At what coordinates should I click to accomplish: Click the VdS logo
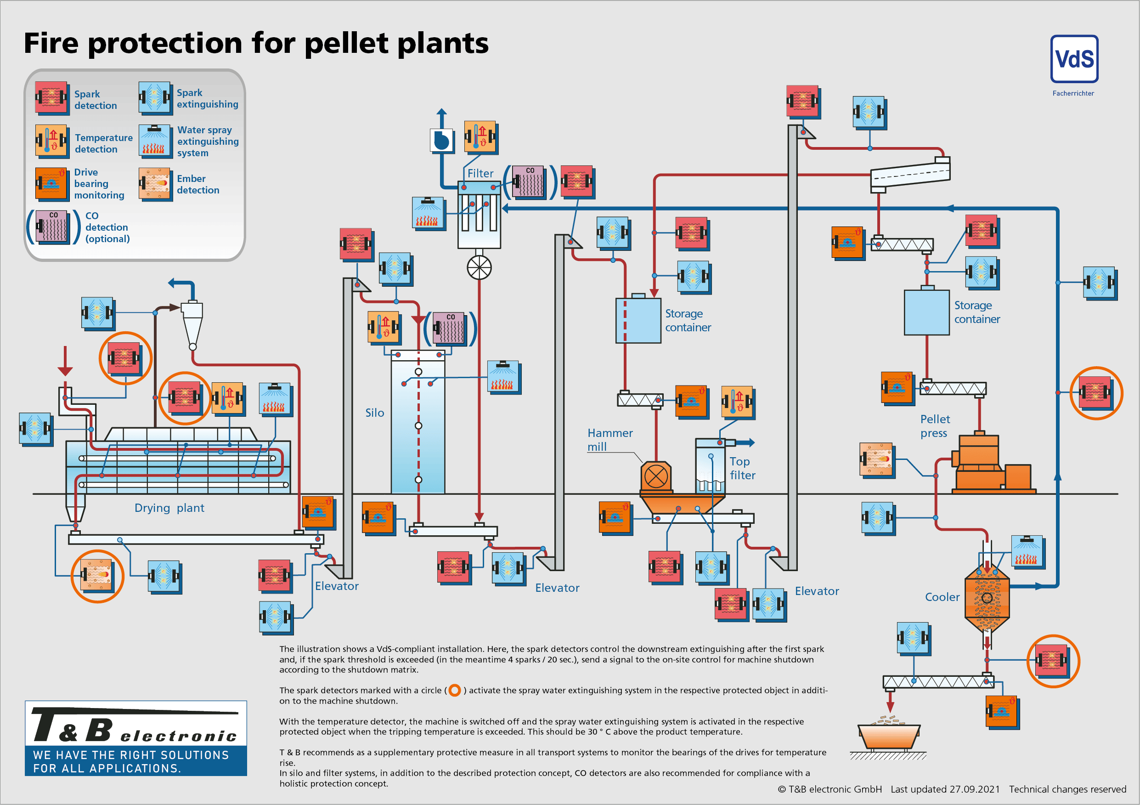tap(1074, 59)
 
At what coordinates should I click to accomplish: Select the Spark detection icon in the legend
tap(51, 98)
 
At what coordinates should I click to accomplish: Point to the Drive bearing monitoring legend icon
tap(51, 184)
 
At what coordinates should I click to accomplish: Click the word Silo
tap(374, 413)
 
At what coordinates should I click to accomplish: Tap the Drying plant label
tap(169, 508)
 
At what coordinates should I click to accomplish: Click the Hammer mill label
tap(609, 440)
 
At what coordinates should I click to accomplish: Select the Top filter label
tap(742, 468)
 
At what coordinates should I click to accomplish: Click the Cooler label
tap(942, 597)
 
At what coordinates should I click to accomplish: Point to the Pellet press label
tap(934, 425)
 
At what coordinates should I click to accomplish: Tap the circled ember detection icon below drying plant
tap(97, 576)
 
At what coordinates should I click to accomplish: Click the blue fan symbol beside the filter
tap(441, 141)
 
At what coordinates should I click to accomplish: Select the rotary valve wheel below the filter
tap(479, 268)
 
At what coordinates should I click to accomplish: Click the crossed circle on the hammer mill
tap(655, 477)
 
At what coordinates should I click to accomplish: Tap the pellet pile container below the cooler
tap(889, 735)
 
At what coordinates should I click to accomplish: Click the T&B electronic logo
tap(135, 738)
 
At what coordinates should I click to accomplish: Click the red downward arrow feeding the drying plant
tap(65, 361)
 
